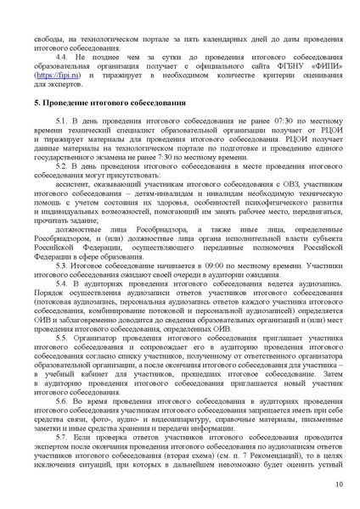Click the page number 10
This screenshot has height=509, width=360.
[x=339, y=484]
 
